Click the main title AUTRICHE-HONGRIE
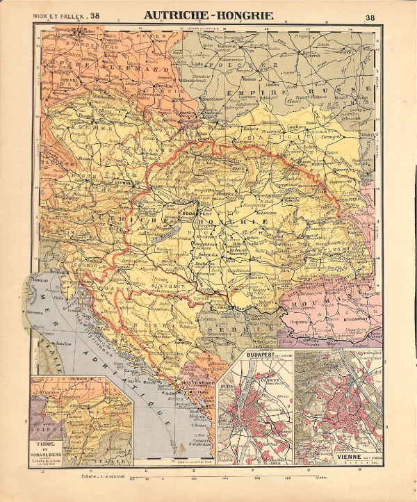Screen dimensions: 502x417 [208, 15]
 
